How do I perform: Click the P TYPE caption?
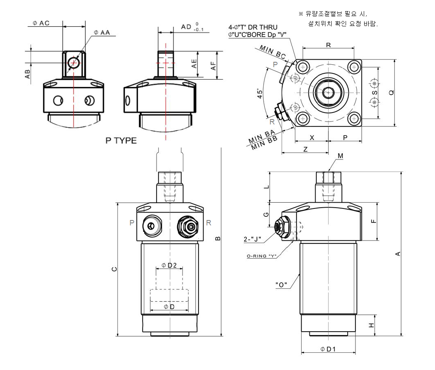[x=121, y=141]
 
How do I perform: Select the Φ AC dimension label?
[x=41, y=23]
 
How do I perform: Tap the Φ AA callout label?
[x=102, y=32]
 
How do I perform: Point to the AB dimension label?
[x=28, y=74]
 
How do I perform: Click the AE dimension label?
[x=194, y=63]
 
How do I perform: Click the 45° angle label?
[x=260, y=94]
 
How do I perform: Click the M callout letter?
[x=340, y=155]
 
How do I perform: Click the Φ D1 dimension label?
[x=328, y=349]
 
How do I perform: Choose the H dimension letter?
[x=371, y=325]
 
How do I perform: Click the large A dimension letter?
[x=398, y=254]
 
